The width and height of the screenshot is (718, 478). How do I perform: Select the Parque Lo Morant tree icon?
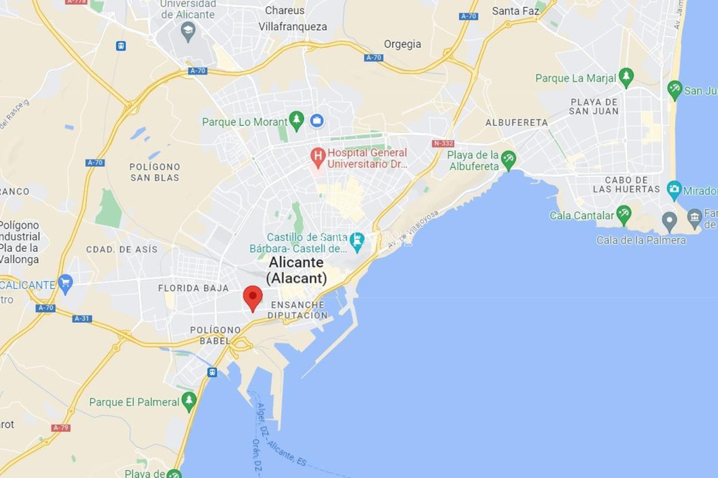[x=297, y=120]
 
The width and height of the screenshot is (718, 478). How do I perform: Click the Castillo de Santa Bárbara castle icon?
[x=357, y=241]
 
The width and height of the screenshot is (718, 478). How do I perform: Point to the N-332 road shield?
[x=443, y=143]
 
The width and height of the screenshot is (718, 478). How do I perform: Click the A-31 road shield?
[x=82, y=319]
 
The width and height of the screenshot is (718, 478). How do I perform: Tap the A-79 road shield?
[x=61, y=428]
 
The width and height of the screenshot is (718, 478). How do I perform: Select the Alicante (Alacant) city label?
[x=297, y=270]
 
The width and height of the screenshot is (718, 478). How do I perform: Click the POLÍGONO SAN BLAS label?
[x=155, y=172]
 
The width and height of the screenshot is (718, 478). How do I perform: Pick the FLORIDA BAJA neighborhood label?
[x=193, y=288]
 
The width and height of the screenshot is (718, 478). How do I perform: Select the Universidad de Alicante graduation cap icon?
[x=188, y=31]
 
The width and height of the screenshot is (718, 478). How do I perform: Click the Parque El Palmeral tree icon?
[x=189, y=401]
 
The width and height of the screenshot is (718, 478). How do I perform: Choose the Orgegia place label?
[x=402, y=44]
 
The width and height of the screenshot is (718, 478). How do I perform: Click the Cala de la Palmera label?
[x=641, y=240]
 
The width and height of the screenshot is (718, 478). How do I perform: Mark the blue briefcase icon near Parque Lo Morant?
[x=317, y=121]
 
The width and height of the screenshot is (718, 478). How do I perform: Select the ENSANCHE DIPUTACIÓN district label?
[x=298, y=310]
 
